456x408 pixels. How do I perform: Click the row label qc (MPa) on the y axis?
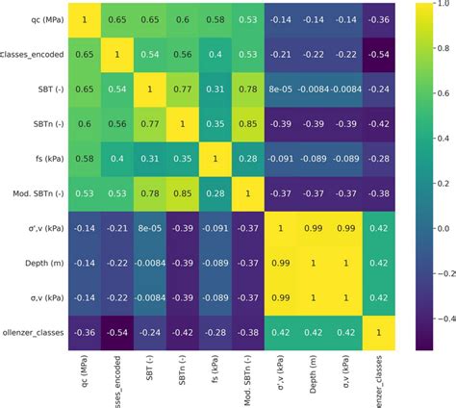tap(44, 18)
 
